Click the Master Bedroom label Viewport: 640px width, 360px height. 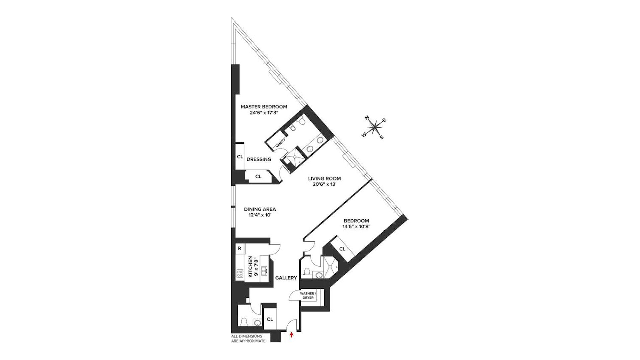coord(264,107)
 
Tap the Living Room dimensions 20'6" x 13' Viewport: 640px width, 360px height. coord(324,184)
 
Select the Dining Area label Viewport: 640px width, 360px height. coord(260,209)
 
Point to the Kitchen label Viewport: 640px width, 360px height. coord(250,267)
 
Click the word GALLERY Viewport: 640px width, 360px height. coord(286,278)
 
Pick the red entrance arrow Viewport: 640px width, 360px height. coord(292,335)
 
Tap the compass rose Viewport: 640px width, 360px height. coord(375,127)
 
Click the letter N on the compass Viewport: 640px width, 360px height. coord(367,117)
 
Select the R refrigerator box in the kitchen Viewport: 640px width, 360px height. coord(240,248)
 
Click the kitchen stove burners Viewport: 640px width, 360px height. coord(240,274)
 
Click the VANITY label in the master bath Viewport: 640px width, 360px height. coord(280,143)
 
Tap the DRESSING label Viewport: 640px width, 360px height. coord(259,159)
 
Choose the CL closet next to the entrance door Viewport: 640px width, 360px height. coord(270,319)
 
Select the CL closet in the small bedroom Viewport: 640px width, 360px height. coord(342,249)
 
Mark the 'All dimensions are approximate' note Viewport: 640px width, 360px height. coord(248,339)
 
